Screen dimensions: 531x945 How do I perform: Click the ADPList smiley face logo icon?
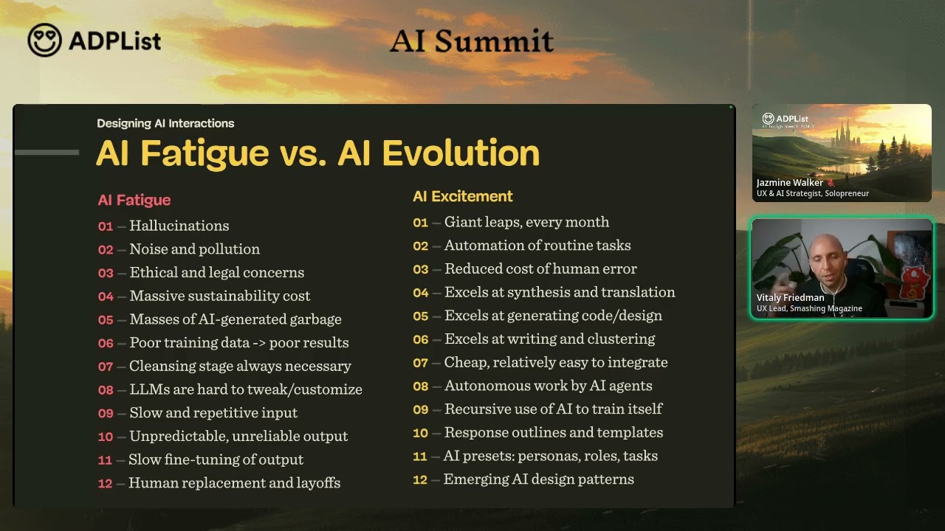(44, 40)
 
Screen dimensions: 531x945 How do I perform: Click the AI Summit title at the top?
(471, 41)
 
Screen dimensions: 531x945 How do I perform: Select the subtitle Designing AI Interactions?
(165, 123)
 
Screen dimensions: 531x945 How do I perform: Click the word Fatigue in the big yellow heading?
(205, 153)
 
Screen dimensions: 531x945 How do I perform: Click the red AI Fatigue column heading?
(134, 200)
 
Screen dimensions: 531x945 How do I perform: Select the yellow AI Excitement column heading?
(462, 196)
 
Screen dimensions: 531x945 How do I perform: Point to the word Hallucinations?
(179, 226)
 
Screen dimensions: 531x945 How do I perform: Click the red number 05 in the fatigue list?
(106, 320)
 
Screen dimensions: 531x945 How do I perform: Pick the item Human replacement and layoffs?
(234, 483)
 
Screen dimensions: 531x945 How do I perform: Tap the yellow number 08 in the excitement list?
(420, 386)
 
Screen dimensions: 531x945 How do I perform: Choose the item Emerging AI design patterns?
(538, 479)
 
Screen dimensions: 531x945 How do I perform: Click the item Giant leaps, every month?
(526, 222)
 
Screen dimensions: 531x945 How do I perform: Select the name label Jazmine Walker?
(789, 183)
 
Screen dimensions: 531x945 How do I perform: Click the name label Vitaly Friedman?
(790, 298)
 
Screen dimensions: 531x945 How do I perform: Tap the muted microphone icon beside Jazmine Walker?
(831, 183)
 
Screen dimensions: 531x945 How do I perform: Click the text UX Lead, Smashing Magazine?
(809, 309)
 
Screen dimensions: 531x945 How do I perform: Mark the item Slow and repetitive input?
(213, 413)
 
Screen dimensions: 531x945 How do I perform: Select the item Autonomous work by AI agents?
(548, 386)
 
